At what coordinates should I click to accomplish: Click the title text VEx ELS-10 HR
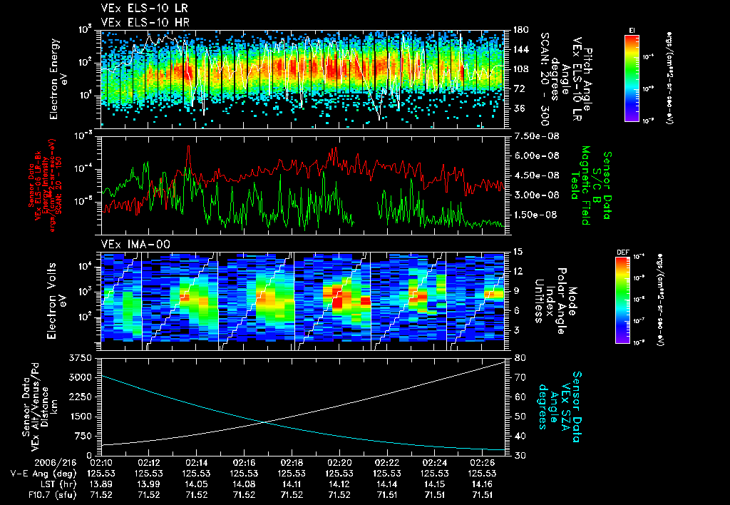tap(139, 22)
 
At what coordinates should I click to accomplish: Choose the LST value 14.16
tap(481, 483)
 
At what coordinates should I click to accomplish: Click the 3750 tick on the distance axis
tap(81, 357)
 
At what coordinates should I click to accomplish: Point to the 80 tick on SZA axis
tap(519, 357)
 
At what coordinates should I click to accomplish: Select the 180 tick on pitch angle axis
tap(520, 30)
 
